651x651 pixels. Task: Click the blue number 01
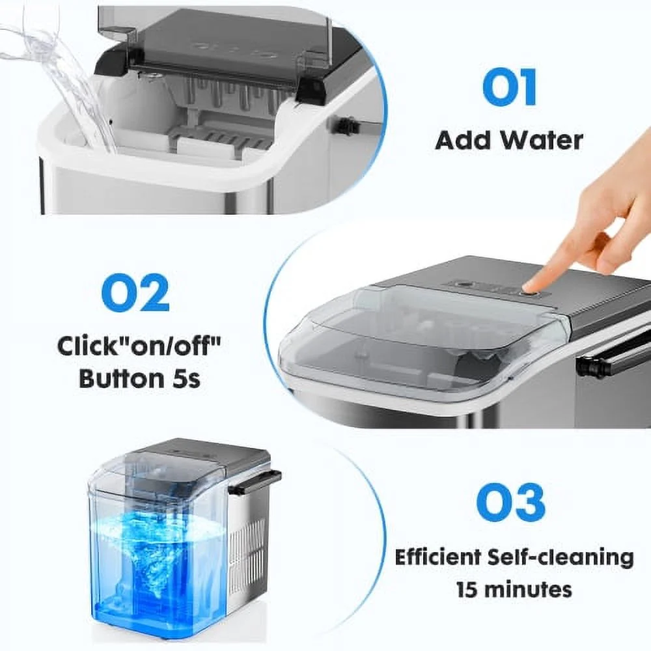(x=510, y=88)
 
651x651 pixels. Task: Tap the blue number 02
(x=135, y=293)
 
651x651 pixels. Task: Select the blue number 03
(x=510, y=503)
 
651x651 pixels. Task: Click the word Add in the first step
(x=463, y=141)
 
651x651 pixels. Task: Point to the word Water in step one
(x=541, y=141)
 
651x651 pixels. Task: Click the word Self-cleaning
(x=561, y=559)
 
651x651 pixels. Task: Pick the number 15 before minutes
(x=467, y=590)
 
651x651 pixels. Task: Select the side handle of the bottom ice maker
(x=256, y=482)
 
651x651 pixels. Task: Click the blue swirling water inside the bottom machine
(x=158, y=552)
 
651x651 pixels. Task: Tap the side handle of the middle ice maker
(x=611, y=361)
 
